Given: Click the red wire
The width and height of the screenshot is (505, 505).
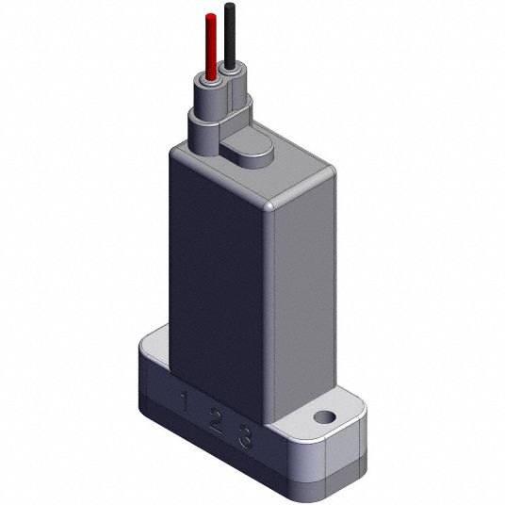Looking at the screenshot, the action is click(211, 47).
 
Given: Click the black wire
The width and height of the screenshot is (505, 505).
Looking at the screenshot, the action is click(230, 36).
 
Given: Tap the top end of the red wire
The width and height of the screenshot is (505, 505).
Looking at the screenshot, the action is click(211, 14).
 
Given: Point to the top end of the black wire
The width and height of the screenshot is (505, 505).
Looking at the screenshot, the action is click(230, 4).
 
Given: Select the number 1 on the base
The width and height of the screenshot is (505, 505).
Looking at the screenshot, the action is click(185, 401).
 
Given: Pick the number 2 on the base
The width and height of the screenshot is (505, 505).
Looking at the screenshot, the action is click(216, 420).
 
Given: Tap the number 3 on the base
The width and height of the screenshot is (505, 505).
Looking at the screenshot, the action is click(245, 437).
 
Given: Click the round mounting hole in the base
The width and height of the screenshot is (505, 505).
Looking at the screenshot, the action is click(325, 417).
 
